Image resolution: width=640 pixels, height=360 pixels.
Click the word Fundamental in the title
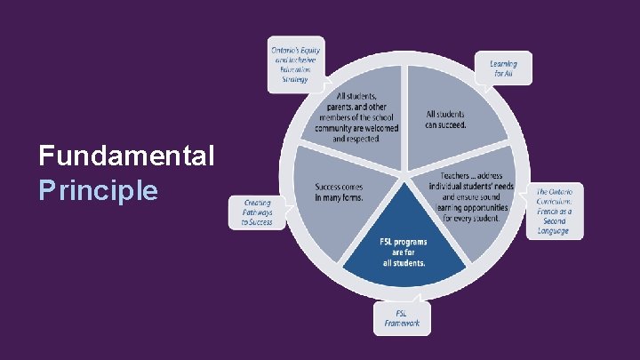tap(126, 157)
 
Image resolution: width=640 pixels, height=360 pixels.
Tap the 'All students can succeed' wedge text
tap(445, 120)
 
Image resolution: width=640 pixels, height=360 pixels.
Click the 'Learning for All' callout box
tap(510, 69)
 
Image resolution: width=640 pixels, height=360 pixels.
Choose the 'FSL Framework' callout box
tap(402, 318)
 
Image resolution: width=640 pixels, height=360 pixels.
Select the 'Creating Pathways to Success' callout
tap(257, 212)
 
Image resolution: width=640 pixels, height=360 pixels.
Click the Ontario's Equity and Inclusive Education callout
tap(296, 65)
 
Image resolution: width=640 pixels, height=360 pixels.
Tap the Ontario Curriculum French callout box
tap(558, 212)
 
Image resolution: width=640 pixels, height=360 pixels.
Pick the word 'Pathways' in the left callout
tap(258, 212)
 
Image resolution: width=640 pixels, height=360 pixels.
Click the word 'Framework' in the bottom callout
tap(402, 323)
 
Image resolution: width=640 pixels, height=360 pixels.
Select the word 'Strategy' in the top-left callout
tap(295, 79)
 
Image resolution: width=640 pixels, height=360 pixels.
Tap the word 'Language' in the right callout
tap(553, 231)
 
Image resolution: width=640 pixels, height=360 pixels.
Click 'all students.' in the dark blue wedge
tap(404, 263)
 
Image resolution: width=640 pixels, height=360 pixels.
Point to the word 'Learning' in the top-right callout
tap(504, 64)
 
